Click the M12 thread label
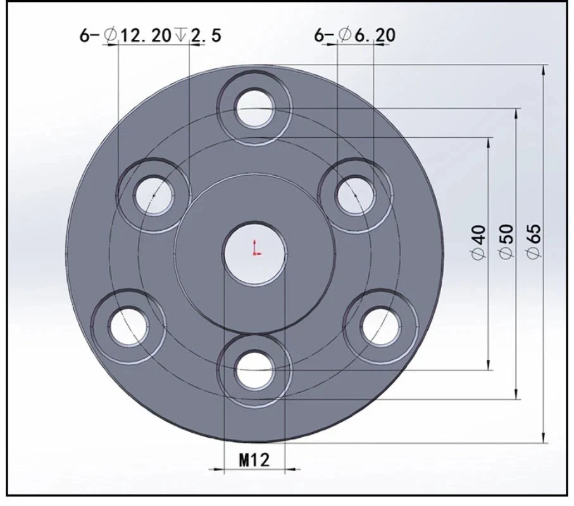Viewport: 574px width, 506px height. [x=254, y=460]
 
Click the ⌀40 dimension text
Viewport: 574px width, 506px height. [x=480, y=243]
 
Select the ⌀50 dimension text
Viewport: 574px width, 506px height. [x=507, y=242]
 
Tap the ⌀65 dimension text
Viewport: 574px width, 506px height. [x=533, y=242]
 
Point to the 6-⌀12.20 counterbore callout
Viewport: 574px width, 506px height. [x=151, y=35]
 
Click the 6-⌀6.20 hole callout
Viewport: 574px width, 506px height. [x=355, y=35]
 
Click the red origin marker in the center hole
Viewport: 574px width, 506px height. [x=256, y=248]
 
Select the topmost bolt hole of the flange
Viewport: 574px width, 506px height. [x=255, y=108]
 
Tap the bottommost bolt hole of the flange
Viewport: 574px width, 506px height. [x=255, y=370]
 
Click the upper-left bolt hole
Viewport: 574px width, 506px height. [x=154, y=195]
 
